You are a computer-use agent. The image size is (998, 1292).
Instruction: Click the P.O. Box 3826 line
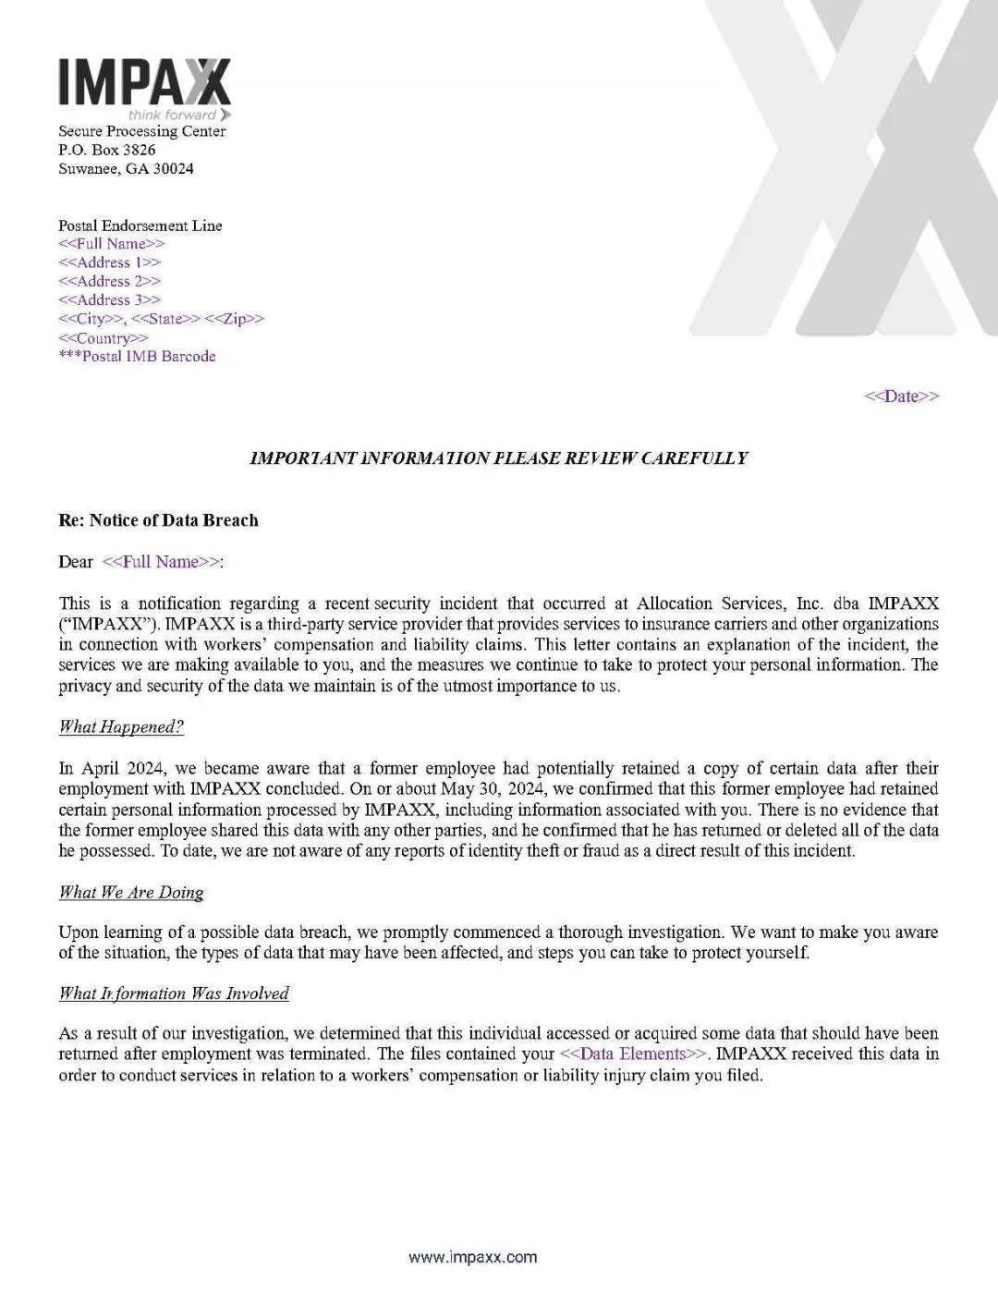107,150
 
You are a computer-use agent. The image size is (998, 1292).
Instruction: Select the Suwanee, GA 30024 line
126,169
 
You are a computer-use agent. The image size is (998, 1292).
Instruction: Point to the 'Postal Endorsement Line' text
140,225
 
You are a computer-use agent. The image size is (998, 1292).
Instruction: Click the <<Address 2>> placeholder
109,281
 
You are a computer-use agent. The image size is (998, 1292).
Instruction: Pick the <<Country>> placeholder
103,338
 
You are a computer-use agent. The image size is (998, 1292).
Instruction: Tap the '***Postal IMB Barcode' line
137,357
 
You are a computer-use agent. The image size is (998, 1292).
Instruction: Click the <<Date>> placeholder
901,396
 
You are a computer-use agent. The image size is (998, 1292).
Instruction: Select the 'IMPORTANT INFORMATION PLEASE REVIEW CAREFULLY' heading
499,458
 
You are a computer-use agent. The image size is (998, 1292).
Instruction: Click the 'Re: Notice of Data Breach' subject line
159,520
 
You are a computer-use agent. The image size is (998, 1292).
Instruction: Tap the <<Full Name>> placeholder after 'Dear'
162,562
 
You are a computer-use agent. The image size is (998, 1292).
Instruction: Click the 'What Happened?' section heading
121,727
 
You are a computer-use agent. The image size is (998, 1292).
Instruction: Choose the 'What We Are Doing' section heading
131,893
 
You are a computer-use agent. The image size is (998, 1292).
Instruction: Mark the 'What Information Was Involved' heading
174,994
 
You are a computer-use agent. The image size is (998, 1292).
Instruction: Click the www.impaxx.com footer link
472,1257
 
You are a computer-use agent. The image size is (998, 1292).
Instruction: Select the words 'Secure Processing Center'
142,131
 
